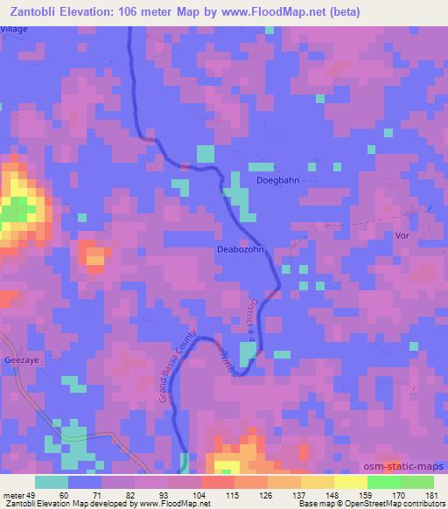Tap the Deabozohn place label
(241, 249)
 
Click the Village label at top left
(14, 29)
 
